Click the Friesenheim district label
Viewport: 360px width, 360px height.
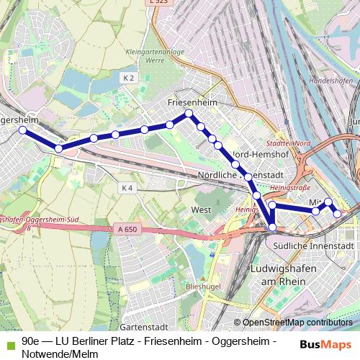coord(192,103)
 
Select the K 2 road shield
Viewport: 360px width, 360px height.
coord(128,77)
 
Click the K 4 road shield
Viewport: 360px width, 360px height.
coord(127,188)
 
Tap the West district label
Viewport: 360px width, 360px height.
coord(201,210)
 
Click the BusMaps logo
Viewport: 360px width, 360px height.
coord(325,344)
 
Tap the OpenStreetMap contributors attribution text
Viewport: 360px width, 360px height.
coord(297,323)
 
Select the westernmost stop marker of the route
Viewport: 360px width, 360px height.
coord(22,130)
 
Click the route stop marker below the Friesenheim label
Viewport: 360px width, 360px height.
coord(189,114)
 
